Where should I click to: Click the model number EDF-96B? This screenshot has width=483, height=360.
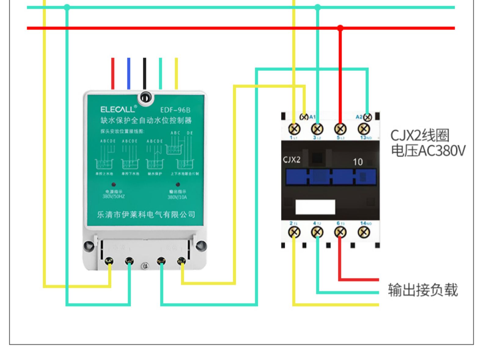(x=175, y=110)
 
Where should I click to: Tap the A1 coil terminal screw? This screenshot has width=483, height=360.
(x=304, y=117)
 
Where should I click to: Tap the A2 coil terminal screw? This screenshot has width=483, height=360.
(x=368, y=117)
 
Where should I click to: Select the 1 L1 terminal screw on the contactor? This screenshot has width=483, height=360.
(x=294, y=129)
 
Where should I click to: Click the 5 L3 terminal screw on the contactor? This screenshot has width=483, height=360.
(x=340, y=129)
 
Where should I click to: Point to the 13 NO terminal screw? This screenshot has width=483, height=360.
(x=364, y=129)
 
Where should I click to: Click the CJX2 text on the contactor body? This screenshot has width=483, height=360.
(x=291, y=160)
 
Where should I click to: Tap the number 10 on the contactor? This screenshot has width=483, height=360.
(x=357, y=162)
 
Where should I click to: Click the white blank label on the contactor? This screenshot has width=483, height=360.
(x=315, y=207)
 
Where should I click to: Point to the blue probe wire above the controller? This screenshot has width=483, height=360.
(x=129, y=73)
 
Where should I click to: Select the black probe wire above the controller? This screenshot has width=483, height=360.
(x=145, y=73)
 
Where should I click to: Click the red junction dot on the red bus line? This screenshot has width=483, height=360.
(x=340, y=28)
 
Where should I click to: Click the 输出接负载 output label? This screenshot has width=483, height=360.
(x=423, y=290)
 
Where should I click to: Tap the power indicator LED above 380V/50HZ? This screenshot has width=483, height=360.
(x=114, y=184)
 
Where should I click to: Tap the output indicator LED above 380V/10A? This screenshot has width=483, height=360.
(x=178, y=184)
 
